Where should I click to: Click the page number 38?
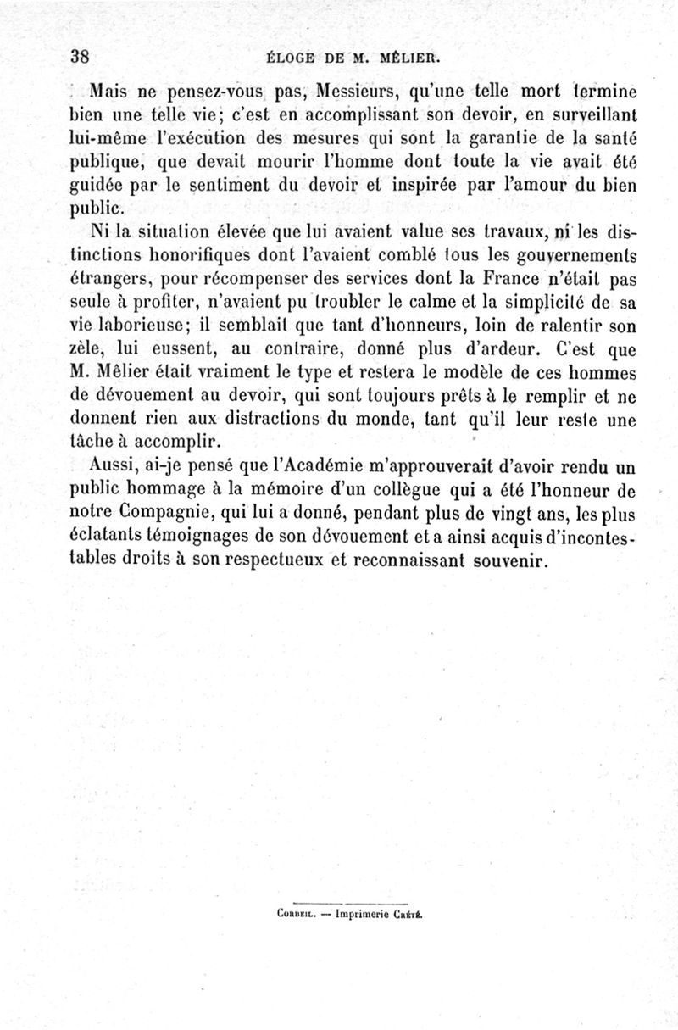click(81, 57)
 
